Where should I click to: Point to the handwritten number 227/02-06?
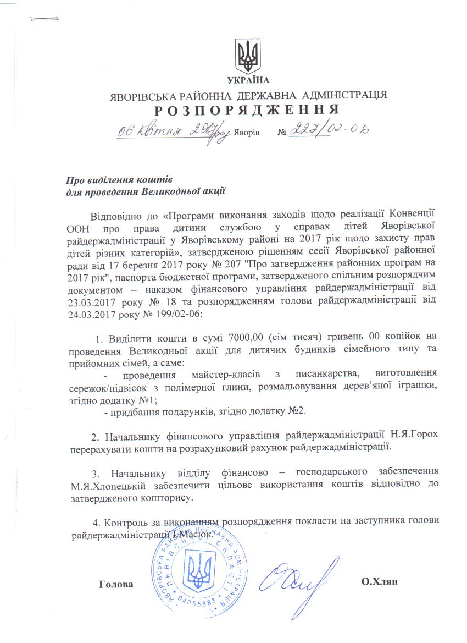[329, 130]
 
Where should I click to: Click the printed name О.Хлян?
[379, 582]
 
